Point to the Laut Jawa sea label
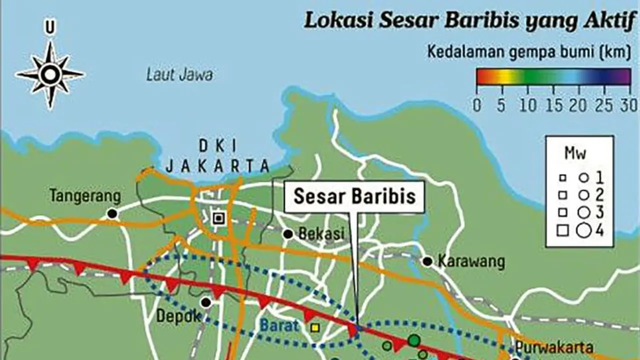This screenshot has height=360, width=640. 179,75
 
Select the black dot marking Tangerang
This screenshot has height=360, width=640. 112,214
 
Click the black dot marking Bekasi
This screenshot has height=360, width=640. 288,234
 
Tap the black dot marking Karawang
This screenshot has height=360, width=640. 427,261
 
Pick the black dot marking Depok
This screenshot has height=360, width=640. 206,302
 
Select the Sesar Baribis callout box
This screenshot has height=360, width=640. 354,196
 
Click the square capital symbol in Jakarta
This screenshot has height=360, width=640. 218,217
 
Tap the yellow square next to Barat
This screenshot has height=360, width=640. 315,327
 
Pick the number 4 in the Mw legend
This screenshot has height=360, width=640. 599,230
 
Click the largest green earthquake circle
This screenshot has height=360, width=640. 413,340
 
